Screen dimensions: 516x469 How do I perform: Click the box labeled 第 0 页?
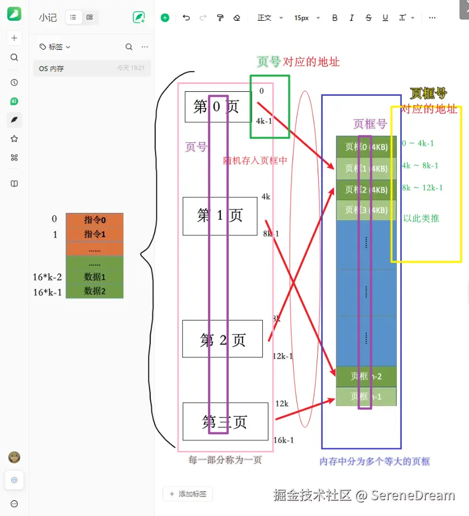(217, 106)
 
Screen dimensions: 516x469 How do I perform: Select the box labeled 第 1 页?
(220, 216)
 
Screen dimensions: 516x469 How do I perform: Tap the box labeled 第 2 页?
(222, 339)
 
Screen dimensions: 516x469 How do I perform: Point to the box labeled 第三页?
(225, 421)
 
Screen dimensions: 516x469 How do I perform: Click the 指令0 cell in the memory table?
(94, 220)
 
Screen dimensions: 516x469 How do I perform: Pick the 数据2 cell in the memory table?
(94, 291)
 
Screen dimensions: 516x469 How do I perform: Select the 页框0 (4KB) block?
(366, 147)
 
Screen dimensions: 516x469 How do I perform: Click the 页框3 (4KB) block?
(366, 210)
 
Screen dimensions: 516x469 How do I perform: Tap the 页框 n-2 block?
(366, 376)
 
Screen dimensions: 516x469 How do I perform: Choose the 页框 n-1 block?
(366, 396)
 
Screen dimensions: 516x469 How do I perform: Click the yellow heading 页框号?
(429, 93)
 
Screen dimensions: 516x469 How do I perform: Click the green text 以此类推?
(421, 219)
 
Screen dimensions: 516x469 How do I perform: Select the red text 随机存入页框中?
(255, 160)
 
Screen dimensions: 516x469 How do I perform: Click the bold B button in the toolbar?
(335, 18)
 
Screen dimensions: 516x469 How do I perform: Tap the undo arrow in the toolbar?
(186, 18)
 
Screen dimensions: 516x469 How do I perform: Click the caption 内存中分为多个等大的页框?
(374, 462)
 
